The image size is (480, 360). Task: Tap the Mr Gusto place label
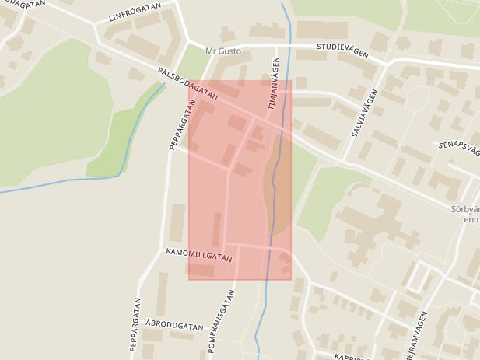tap(223, 51)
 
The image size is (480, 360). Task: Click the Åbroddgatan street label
tap(173, 327)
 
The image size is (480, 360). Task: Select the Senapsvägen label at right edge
tap(459, 147)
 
